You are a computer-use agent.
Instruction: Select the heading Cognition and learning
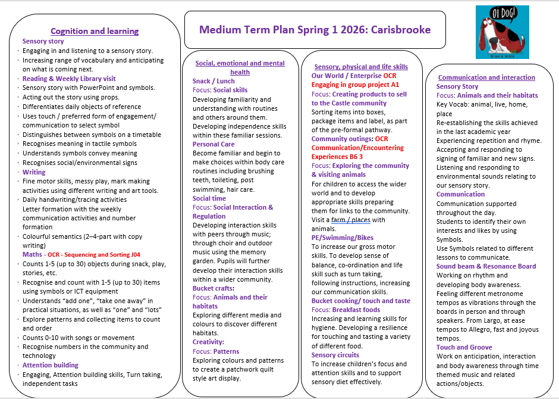pyautogui.click(x=95, y=31)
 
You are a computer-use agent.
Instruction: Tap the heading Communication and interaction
pyautogui.click(x=486, y=77)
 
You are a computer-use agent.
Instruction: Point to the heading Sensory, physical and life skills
pyautogui.click(x=361, y=67)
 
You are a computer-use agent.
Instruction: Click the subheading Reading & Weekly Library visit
pyautogui.click(x=69, y=79)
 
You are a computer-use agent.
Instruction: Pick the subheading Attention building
pyautogui.click(x=51, y=365)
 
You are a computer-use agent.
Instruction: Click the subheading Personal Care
pyautogui.click(x=213, y=144)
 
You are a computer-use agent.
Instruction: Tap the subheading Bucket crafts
pyautogui.click(x=213, y=288)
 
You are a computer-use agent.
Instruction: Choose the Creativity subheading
pyautogui.click(x=208, y=342)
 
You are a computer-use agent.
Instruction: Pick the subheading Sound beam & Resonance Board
pyautogui.click(x=486, y=266)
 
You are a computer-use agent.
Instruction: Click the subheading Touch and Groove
pyautogui.click(x=464, y=347)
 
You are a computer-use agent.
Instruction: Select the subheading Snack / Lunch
pyautogui.click(x=213, y=81)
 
